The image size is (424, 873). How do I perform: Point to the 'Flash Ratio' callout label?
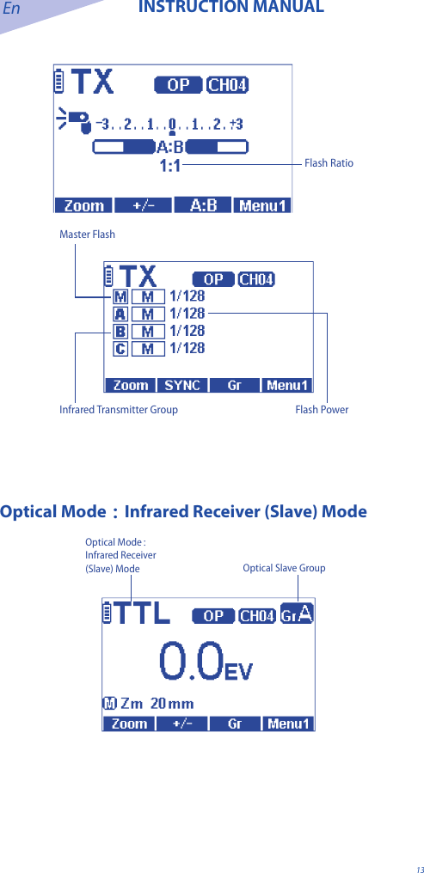(x=329, y=163)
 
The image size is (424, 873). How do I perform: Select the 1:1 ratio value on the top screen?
(x=170, y=166)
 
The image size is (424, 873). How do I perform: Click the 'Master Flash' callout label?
(x=87, y=235)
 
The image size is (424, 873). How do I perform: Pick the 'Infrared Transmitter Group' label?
(x=119, y=410)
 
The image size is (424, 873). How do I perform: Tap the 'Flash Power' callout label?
(x=322, y=410)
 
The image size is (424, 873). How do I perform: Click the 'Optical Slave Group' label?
(x=284, y=568)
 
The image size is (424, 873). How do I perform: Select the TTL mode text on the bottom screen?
(x=142, y=615)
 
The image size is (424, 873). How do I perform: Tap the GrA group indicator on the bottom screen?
(x=297, y=614)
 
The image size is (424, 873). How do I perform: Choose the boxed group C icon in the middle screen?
(x=120, y=348)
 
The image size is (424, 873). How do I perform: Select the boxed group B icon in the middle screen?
(x=120, y=331)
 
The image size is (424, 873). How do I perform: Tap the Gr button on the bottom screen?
(x=234, y=724)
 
